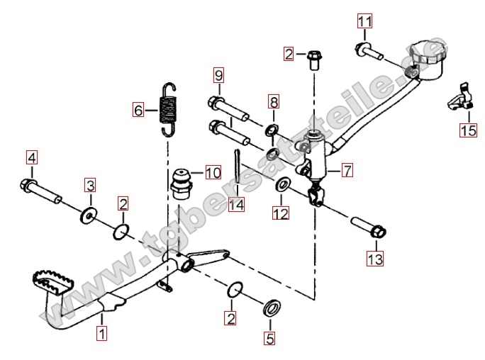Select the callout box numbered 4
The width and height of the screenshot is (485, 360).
(x=32, y=157)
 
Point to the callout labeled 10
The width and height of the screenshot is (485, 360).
(x=213, y=171)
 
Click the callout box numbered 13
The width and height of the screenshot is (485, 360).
(x=374, y=259)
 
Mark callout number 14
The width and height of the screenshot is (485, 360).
(x=236, y=204)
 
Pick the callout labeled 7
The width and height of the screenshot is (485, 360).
(x=346, y=170)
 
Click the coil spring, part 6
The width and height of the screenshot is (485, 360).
(x=168, y=109)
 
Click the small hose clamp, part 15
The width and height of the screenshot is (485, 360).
(x=460, y=98)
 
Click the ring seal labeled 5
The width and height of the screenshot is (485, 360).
(x=271, y=308)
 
